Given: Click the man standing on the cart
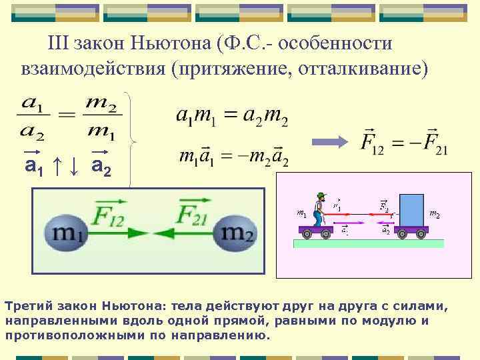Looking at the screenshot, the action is click(x=320, y=209).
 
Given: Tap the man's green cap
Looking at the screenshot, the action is click(x=321, y=194).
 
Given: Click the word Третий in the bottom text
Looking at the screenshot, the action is click(x=26, y=307).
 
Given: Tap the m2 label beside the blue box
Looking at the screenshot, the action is click(x=434, y=215).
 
